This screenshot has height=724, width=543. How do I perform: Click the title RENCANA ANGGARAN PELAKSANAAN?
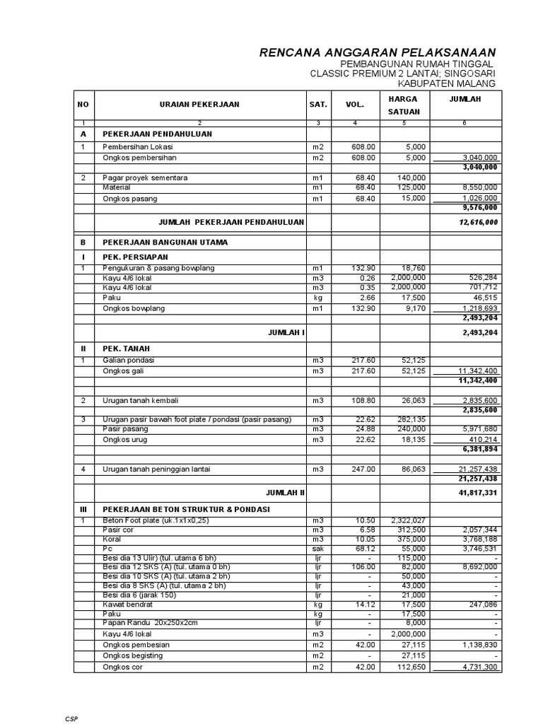click(378, 53)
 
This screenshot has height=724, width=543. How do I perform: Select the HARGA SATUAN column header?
click(404, 105)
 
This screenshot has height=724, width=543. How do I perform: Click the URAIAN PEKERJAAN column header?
click(199, 105)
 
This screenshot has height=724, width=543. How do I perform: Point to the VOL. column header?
click(354, 105)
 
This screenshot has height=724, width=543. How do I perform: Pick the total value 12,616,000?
click(478, 222)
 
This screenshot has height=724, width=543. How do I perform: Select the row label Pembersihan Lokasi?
click(139, 147)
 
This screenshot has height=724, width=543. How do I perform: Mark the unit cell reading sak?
click(318, 549)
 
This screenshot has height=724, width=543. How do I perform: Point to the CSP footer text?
click(72, 718)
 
